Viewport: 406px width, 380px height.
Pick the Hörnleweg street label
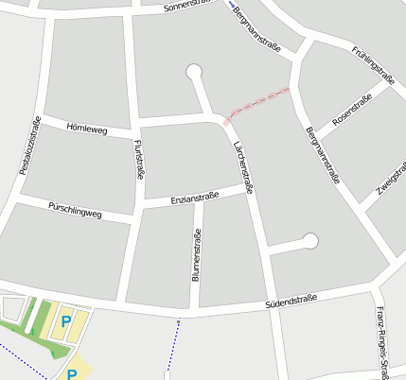click(87, 129)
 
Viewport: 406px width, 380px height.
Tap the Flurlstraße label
click(140, 159)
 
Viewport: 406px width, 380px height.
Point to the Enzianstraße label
click(194, 199)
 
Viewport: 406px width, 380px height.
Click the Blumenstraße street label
click(197, 256)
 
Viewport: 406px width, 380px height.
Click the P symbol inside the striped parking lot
click(66, 322)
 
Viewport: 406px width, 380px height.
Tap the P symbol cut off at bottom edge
click(72, 374)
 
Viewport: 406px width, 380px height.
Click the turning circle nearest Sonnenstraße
click(195, 72)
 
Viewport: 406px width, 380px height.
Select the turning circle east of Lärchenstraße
click(310, 241)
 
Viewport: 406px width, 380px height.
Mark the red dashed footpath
click(257, 103)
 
